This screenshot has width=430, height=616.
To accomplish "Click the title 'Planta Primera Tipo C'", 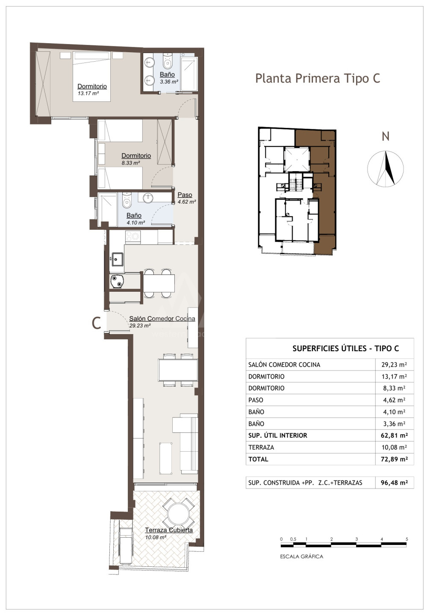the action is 318,79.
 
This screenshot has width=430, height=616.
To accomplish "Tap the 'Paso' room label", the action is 185,195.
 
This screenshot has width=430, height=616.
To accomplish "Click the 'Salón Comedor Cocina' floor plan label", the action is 162,318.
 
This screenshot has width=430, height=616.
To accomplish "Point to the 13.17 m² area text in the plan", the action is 88,93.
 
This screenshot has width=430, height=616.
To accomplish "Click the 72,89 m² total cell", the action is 394,459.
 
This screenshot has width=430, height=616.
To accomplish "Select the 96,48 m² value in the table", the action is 394,483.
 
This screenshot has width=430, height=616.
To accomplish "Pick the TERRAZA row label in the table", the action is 261,447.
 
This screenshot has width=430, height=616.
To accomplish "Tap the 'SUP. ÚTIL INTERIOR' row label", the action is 278,435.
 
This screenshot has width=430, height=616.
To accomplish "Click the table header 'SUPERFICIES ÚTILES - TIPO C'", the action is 346,349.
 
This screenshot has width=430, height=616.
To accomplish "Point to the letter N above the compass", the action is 386,137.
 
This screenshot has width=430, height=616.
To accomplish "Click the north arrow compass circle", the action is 386,168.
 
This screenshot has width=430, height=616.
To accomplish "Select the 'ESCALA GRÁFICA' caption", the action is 302,557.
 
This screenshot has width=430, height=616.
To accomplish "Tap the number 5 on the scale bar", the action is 407,539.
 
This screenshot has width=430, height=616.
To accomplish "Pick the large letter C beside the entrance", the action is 97,323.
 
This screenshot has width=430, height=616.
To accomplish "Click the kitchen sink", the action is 117,259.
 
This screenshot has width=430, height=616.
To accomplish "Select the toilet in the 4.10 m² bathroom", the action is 127,200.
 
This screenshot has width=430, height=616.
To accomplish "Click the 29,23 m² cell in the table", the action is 394,364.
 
